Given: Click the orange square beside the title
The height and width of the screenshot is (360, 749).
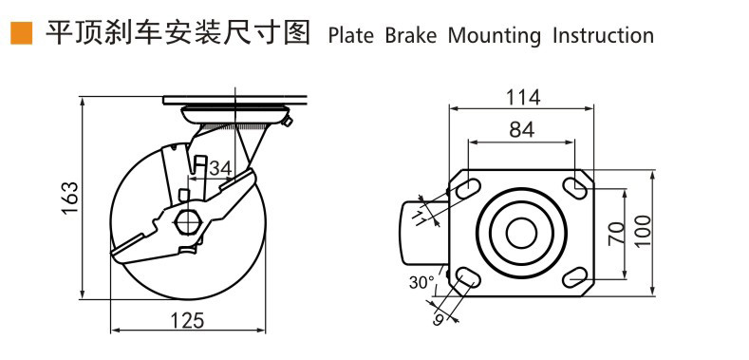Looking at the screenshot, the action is (22, 33).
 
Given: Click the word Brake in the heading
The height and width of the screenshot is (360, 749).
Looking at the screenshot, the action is (411, 36).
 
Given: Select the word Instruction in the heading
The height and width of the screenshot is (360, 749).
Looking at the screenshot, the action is (603, 36).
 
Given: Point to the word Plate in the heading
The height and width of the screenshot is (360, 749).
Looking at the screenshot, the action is (351, 36).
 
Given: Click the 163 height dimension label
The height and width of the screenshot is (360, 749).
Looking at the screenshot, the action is (69, 198).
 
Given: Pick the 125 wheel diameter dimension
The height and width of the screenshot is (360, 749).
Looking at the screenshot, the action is (187, 320).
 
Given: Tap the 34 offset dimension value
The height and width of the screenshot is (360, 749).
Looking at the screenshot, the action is (220, 168).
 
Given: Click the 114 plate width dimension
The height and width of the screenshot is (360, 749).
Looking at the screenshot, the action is (523, 98).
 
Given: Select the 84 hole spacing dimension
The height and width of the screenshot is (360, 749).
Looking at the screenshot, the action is (521, 129).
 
